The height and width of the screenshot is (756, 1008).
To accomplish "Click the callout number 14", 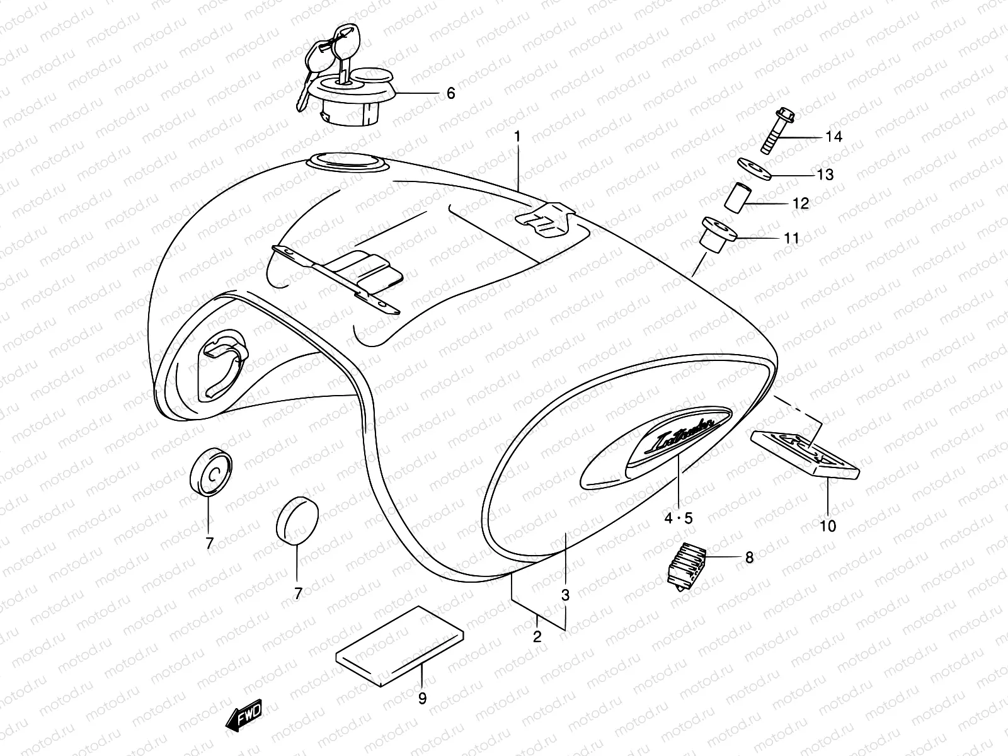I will coord(833,137).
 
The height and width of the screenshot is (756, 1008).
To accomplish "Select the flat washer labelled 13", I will coord(754,169).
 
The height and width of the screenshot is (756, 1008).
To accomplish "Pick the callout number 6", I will coord(450,93).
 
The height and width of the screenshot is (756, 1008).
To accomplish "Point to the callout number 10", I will coord(828,525).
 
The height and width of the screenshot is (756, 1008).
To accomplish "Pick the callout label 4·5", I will coord(678,518).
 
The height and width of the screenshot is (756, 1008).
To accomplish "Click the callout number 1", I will coord(517,136).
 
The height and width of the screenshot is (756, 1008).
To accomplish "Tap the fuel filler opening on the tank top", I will coord(346,162).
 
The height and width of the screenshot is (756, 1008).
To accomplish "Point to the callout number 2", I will coord(537,636).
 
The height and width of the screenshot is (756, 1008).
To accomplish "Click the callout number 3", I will coord(566,594).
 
